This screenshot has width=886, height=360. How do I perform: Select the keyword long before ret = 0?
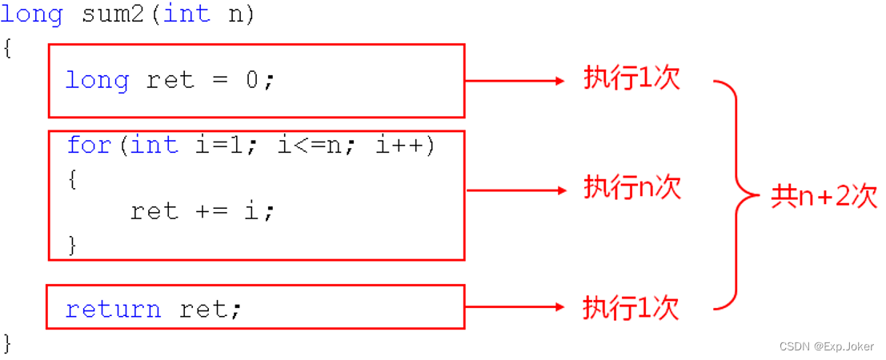coord(96,80)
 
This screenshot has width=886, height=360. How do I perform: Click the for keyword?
coord(88,145)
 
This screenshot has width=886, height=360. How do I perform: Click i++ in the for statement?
coord(400,145)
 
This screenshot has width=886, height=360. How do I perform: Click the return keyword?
coord(113,309)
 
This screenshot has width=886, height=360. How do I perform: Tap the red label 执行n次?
coord(632,188)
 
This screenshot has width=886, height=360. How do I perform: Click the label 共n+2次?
coord(824,196)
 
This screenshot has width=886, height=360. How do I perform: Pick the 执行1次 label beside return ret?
coord(631,307)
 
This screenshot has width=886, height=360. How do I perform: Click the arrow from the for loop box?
coord(515,190)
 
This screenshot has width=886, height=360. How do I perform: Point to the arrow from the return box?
coord(515,306)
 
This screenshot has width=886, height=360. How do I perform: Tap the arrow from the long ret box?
coord(515,80)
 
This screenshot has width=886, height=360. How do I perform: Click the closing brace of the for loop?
coord(72,244)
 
